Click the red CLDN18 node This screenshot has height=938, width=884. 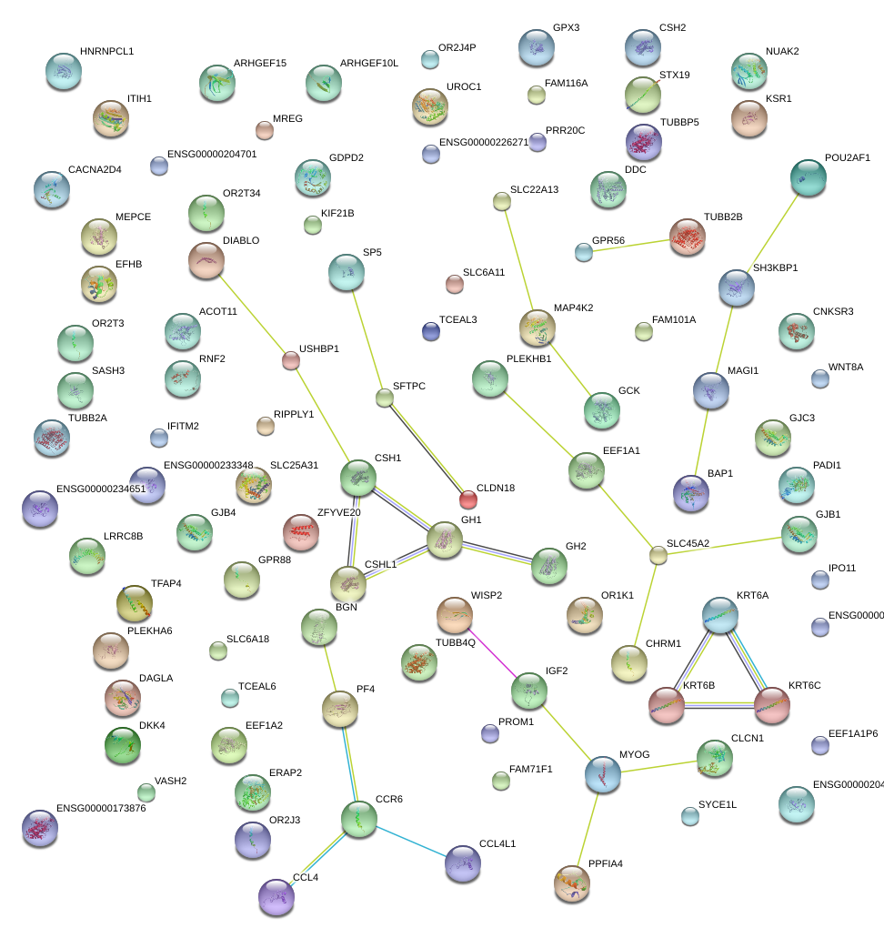click(467, 499)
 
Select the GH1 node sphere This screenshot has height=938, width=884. click(445, 540)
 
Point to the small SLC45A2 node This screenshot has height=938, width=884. click(658, 555)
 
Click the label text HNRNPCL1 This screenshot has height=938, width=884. click(106, 52)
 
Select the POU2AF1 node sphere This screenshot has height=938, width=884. click(809, 178)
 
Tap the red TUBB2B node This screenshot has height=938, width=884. click(687, 237)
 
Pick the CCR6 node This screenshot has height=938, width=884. click(359, 819)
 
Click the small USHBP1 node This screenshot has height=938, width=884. click(290, 361)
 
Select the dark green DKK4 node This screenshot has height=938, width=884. click(123, 745)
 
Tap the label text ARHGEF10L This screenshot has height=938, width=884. click(369, 64)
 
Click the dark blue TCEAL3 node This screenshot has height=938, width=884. click(431, 332)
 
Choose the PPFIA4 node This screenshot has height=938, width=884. click(572, 882)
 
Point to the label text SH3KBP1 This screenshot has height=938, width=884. click(775, 268)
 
